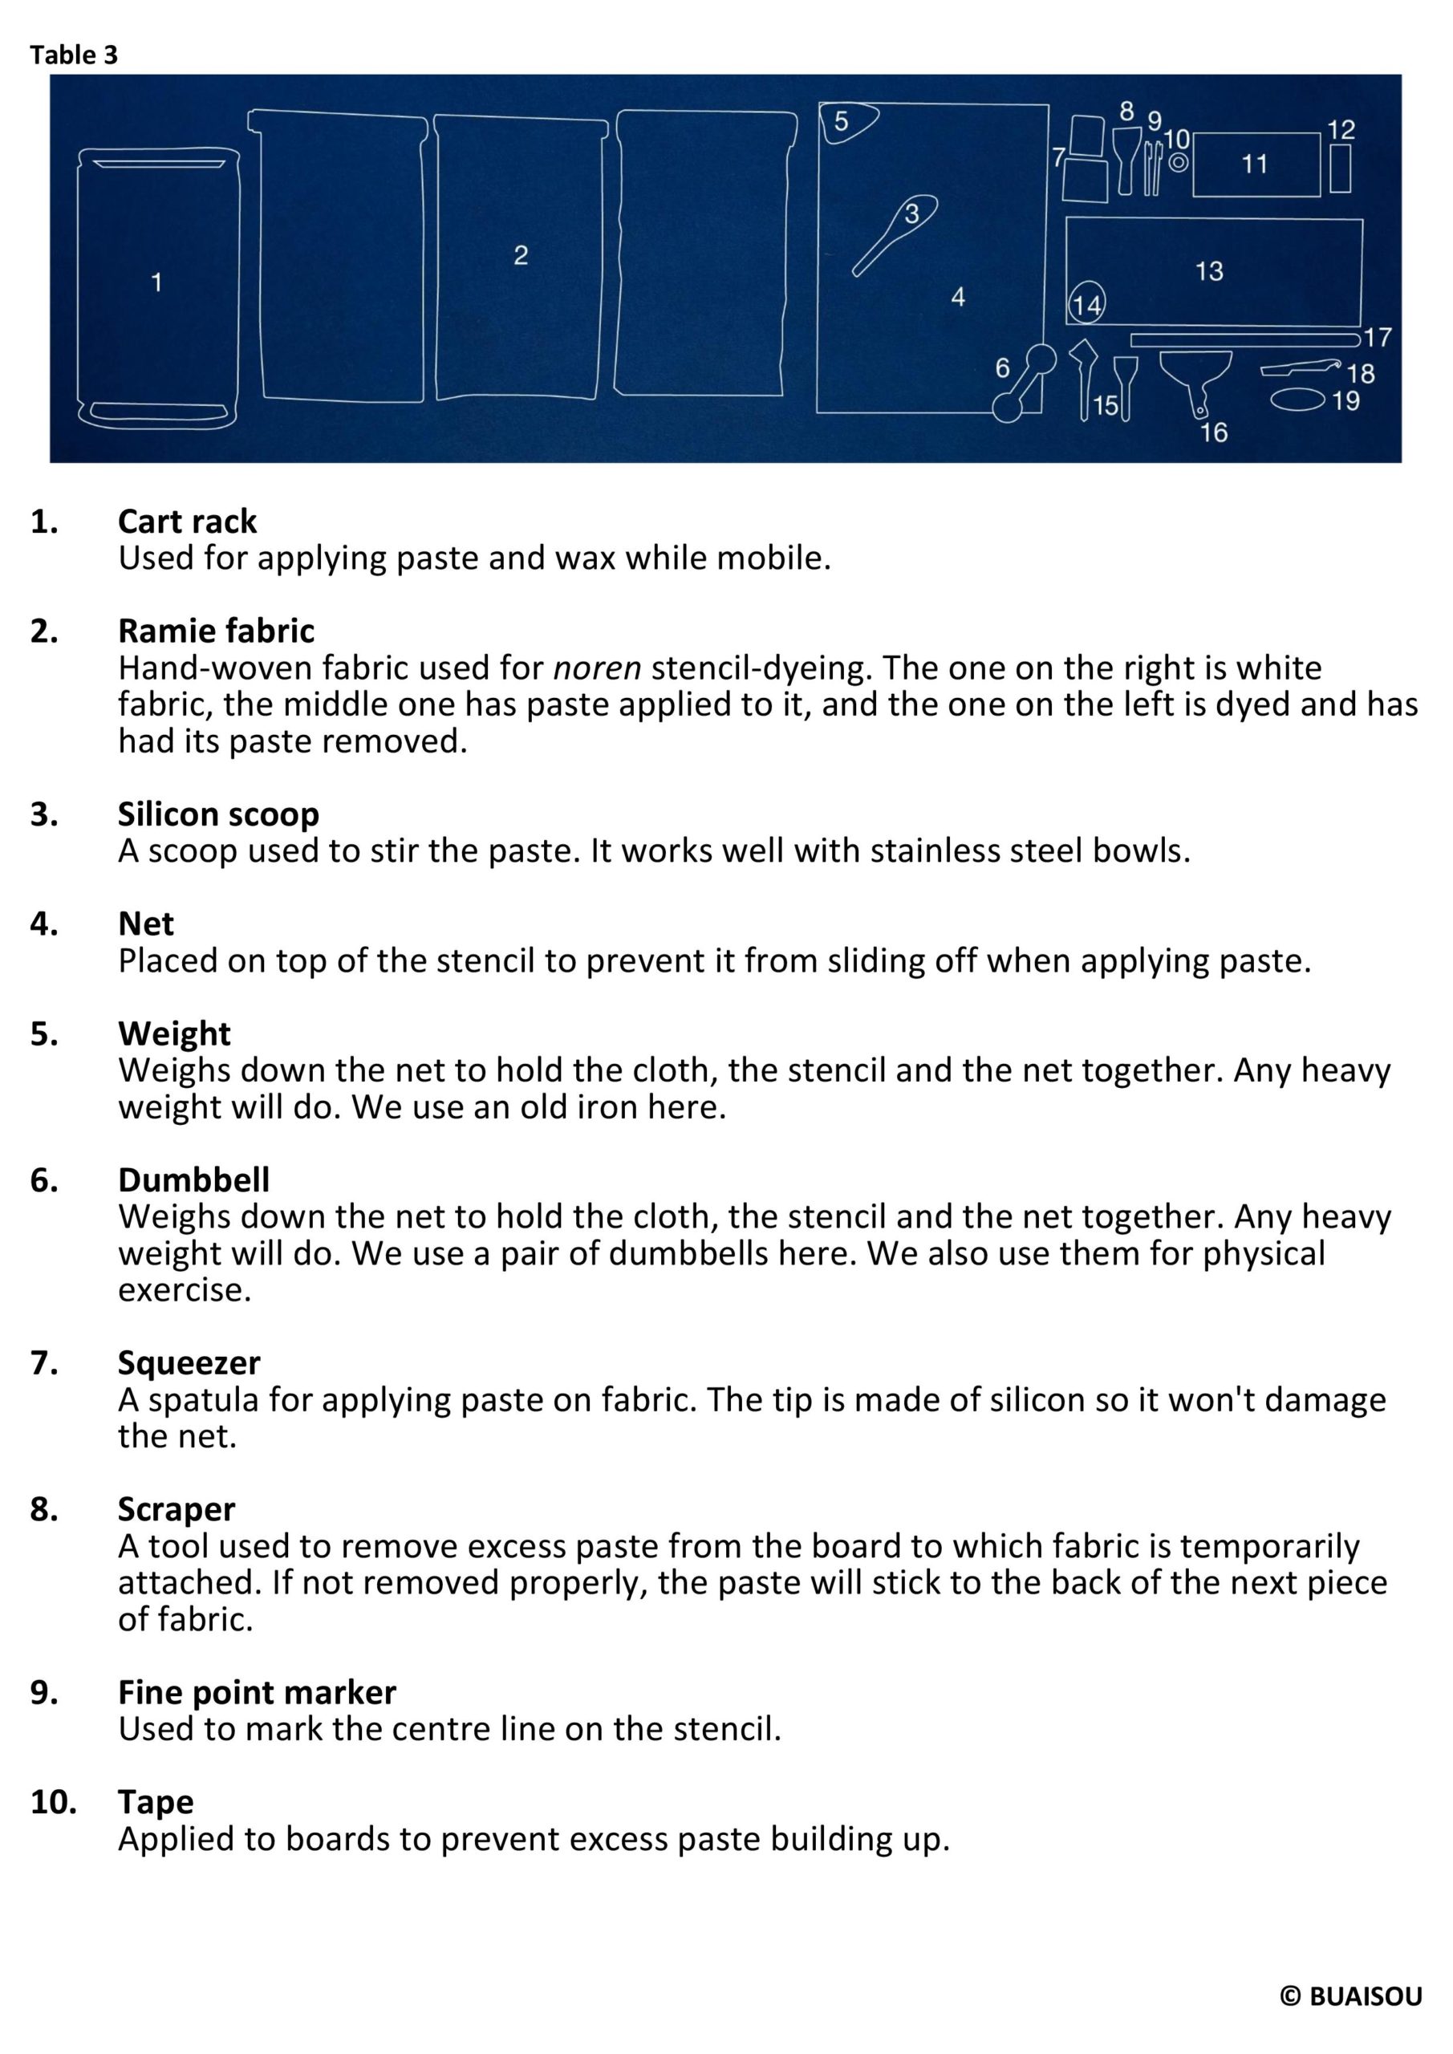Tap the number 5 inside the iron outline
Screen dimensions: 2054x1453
[841, 122]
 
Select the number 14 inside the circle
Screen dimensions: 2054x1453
[1086, 306]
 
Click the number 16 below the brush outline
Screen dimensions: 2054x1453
[1213, 433]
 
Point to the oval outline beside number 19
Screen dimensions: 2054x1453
[1298, 399]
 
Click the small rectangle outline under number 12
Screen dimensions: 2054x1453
[1339, 168]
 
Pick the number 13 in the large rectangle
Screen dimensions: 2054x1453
[1209, 271]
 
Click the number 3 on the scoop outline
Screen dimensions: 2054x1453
[911, 213]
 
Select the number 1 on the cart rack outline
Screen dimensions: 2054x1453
[156, 282]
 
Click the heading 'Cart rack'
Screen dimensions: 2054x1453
[187, 522]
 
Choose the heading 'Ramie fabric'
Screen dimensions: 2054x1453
[216, 631]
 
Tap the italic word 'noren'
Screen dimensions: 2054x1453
[597, 668]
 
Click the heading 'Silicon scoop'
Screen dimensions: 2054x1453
[218, 814]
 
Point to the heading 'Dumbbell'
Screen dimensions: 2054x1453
[193, 1180]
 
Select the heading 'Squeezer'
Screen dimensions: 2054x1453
[189, 1362]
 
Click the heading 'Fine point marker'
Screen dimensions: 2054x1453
[257, 1691]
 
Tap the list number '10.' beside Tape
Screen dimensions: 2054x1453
[53, 1802]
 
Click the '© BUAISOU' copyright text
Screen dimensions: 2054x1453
[1350, 1997]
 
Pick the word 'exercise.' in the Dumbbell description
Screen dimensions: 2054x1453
[185, 1290]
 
